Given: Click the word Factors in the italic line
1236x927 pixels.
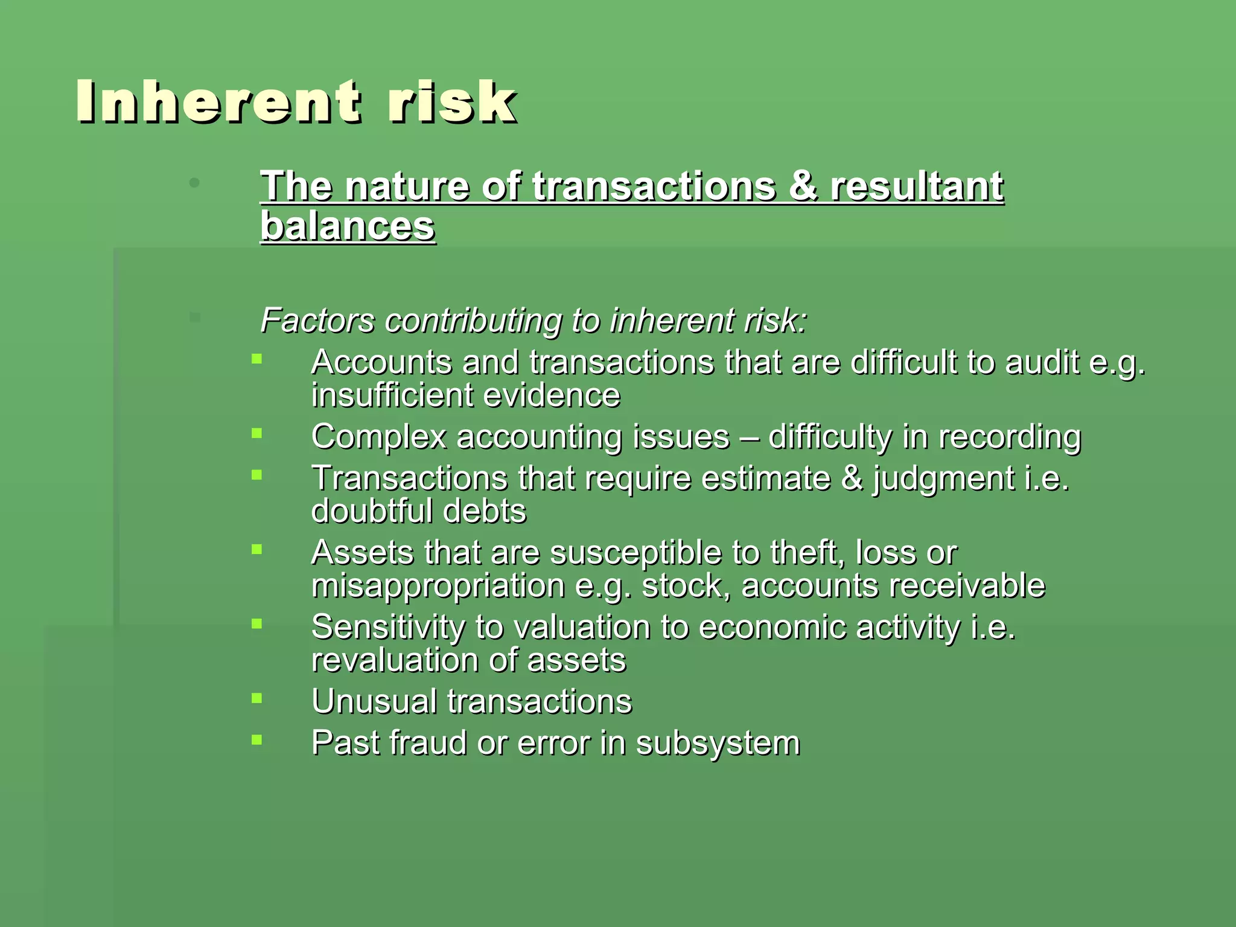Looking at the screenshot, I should click(317, 320).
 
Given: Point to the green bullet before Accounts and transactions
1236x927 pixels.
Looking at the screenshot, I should click(257, 359).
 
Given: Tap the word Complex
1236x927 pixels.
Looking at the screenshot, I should click(378, 436).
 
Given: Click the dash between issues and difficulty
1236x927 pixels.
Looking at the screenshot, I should click(748, 437).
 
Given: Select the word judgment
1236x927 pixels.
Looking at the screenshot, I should click(943, 479).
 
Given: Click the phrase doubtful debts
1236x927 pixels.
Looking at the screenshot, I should click(418, 511).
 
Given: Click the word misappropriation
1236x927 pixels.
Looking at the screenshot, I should click(438, 586).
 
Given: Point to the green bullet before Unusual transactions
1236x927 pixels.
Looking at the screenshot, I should click(257, 698).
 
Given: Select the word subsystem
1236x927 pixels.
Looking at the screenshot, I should click(718, 743).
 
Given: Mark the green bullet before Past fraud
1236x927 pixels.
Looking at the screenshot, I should click(257, 739).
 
